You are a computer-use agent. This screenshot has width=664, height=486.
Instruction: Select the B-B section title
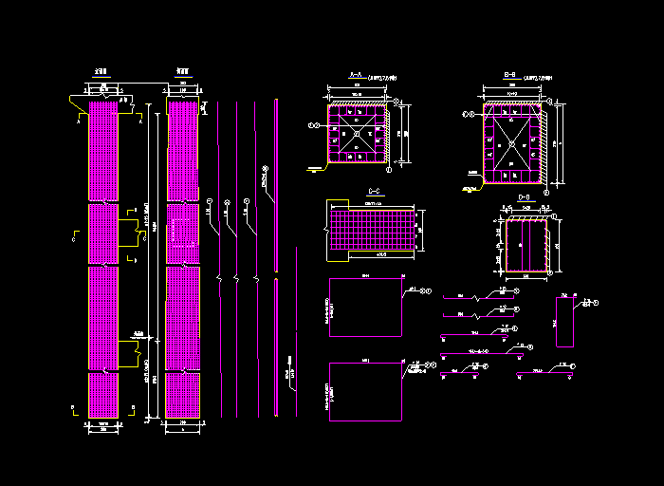coord(509,74)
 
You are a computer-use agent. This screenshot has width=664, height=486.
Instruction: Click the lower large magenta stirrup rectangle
coord(364,391)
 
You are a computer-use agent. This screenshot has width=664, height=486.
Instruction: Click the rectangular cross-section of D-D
coord(525,246)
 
